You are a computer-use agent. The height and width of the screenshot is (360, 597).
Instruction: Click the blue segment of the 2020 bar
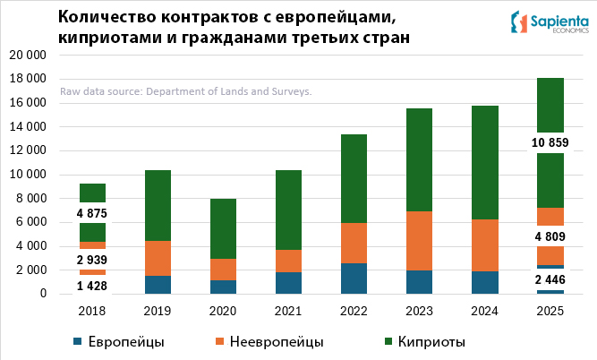(x=222, y=287)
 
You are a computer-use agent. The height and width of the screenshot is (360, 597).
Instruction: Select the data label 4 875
(x=92, y=213)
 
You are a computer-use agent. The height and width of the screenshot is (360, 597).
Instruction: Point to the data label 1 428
(x=92, y=285)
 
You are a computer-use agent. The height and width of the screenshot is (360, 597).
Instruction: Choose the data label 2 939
(x=92, y=259)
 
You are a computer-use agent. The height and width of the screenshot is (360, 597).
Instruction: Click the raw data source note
(x=185, y=91)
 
